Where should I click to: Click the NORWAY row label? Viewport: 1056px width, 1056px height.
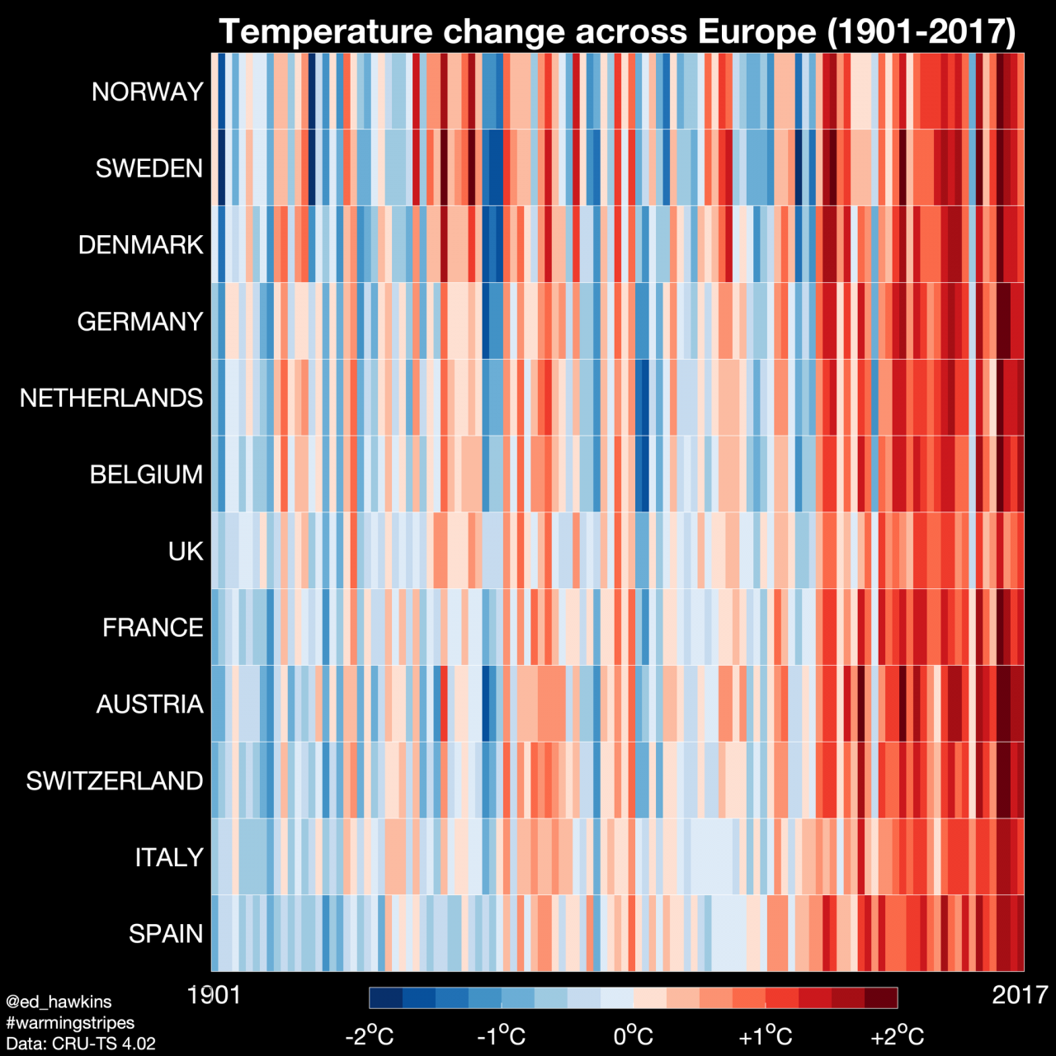[x=147, y=92]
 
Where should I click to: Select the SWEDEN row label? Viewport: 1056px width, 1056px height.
[x=148, y=168]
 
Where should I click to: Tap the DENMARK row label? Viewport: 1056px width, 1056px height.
[x=140, y=245]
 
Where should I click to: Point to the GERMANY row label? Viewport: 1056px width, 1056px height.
[x=139, y=321]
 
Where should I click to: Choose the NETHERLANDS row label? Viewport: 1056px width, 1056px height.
[x=111, y=398]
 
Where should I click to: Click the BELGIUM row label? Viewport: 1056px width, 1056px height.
[x=146, y=474]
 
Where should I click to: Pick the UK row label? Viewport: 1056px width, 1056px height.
[x=186, y=551]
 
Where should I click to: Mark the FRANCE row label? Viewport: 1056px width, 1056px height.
[x=153, y=628]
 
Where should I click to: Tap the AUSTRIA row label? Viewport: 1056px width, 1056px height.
[x=149, y=704]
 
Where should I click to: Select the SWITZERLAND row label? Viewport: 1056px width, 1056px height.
[x=114, y=780]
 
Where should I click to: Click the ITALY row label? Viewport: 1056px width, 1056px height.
[x=169, y=857]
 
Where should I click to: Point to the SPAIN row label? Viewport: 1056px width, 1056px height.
[x=166, y=934]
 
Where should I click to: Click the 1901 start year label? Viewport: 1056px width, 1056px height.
[x=214, y=995]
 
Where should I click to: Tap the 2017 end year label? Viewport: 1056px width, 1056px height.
[x=1020, y=995]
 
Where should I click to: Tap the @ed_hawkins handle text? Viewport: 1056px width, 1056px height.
[x=59, y=1002]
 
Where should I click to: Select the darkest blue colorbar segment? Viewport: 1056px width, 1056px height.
[x=386, y=997]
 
